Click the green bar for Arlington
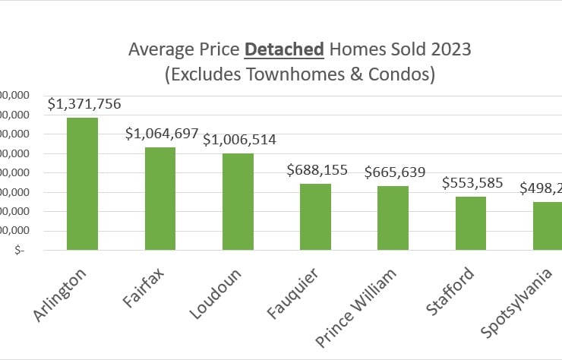[82, 184]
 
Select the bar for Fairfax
[160, 198]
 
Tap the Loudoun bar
[238, 201]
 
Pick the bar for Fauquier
[315, 216]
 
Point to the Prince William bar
[393, 218]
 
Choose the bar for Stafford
[470, 223]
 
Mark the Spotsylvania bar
[547, 226]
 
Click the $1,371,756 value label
[84, 105]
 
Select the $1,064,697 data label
[160, 134]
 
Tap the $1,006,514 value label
[239, 140]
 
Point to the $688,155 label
[317, 170]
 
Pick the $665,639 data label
[394, 172]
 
